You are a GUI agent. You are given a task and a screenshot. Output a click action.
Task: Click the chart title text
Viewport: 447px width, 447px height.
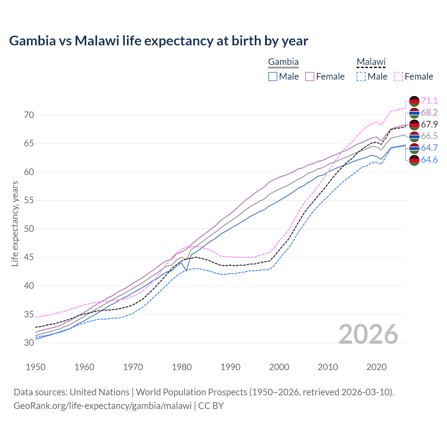pos(159,41)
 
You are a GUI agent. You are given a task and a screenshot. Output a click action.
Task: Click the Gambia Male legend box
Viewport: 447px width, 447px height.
pos(273,76)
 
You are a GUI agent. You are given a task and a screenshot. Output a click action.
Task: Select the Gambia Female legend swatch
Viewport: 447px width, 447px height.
pos(310,76)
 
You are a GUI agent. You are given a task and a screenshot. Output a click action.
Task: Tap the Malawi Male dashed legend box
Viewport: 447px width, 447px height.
pos(361,76)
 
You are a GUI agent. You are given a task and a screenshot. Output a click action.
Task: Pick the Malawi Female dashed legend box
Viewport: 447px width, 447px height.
pos(398,76)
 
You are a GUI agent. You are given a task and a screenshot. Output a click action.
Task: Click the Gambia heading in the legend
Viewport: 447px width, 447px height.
pos(283,62)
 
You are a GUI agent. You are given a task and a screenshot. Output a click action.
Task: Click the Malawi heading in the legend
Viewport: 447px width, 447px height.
pos(371,62)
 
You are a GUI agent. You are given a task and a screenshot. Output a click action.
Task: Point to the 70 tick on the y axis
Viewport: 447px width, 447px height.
pos(29,115)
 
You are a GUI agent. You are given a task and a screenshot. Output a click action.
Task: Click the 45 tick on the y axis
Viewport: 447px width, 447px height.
pos(29,257)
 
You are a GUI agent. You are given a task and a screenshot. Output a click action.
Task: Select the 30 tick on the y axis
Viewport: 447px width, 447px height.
pos(29,343)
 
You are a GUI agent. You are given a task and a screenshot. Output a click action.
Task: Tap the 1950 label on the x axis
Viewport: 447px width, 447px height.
pos(36,367)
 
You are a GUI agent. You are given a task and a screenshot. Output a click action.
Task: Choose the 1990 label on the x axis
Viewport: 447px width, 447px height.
pos(230,367)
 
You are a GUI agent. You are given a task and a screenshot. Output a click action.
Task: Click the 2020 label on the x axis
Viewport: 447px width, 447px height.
pos(376,367)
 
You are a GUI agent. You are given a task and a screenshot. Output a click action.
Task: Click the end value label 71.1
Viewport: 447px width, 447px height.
pos(429,101)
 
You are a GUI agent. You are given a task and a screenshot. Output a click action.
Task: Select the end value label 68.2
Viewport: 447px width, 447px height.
pos(429,112)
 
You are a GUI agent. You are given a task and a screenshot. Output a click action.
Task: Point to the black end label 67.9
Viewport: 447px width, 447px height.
pos(429,124)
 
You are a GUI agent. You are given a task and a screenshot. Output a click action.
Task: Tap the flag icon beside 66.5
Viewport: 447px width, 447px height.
pos(414,137)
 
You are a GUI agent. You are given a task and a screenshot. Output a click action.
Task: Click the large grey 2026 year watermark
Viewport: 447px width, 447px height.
pos(368,334)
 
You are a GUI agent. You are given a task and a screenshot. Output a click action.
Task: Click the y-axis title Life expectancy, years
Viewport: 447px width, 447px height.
pos(15,223)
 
